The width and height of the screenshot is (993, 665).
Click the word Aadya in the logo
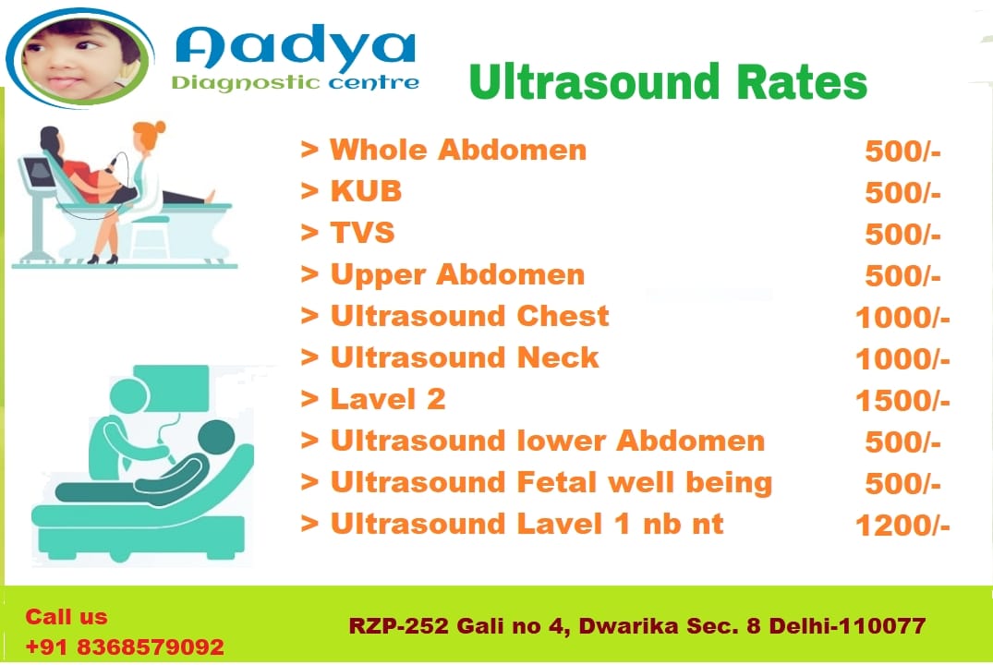click(x=295, y=48)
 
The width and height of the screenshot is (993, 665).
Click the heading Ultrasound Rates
click(x=668, y=81)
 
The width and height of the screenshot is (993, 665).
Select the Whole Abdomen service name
click(x=458, y=151)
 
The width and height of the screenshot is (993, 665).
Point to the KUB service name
click(x=366, y=191)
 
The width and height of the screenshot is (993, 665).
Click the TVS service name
click(x=362, y=233)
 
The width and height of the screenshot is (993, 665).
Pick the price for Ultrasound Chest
click(x=902, y=318)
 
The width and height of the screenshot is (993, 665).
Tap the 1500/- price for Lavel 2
click(x=902, y=401)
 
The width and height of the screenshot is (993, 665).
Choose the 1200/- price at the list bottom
click(x=902, y=526)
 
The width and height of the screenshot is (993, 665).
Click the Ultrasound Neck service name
click(x=465, y=357)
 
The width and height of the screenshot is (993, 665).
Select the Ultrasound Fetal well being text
click(x=551, y=483)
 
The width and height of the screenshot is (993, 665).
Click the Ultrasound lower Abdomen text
click(x=547, y=441)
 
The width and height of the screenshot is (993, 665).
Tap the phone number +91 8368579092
click(x=125, y=647)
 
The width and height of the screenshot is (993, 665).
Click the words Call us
click(x=67, y=617)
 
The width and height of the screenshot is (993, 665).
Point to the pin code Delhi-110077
click(x=847, y=625)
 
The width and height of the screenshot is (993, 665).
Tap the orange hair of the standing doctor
click(x=150, y=132)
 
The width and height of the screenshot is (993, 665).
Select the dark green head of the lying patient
click(x=216, y=438)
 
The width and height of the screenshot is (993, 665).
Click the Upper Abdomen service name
click(x=457, y=275)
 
